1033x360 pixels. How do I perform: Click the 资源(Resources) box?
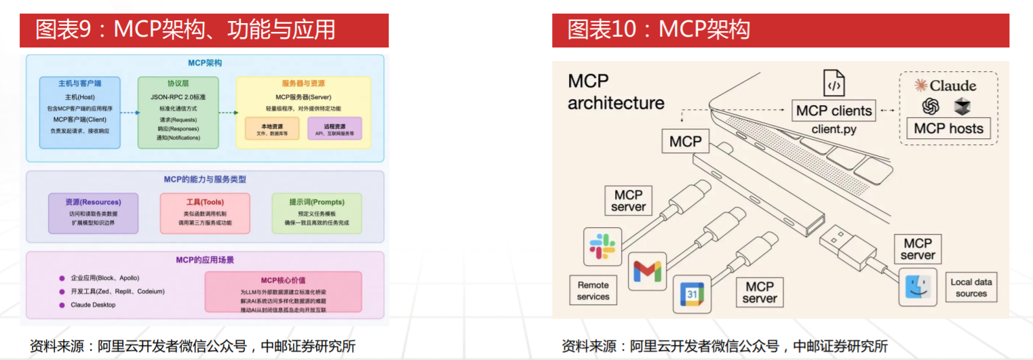tap(93, 213)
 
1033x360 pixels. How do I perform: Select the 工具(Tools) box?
tap(205, 213)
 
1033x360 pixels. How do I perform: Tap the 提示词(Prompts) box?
tap(317, 213)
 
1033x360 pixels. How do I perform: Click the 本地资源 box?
tap(271, 129)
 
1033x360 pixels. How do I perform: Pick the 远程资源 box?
tap(334, 129)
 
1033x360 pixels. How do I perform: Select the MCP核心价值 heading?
tap(283, 280)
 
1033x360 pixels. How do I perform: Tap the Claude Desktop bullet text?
tap(93, 305)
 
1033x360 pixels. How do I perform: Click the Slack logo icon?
tap(602, 246)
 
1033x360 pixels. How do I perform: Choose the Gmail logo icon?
tap(646, 271)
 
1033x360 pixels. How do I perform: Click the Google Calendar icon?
tap(691, 294)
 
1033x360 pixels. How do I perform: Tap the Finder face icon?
tap(918, 287)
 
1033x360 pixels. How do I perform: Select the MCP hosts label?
tap(948, 128)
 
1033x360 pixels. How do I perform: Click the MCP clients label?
tap(834, 111)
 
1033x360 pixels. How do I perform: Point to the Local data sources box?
tap(971, 287)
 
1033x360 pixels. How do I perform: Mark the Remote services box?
tap(593, 291)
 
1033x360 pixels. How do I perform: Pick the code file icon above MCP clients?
tap(834, 83)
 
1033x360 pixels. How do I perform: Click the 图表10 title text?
tap(658, 31)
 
